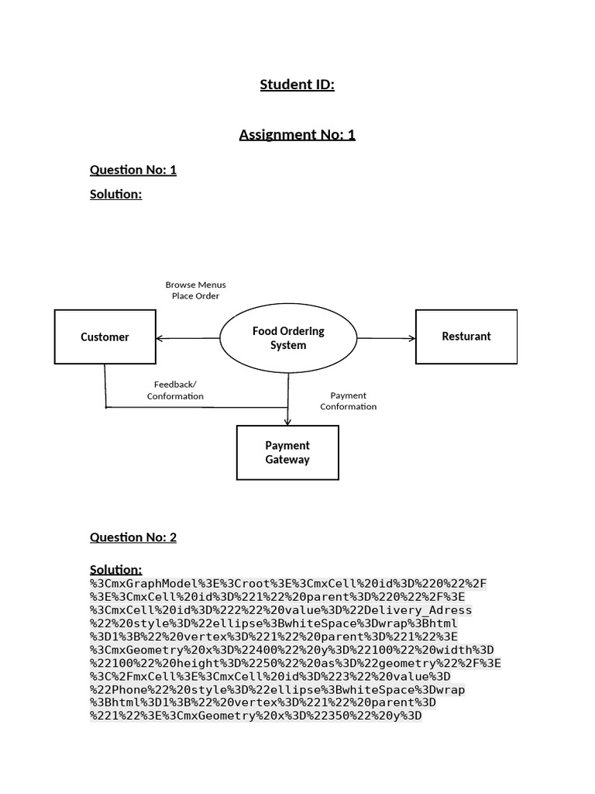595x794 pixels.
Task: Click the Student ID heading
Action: (x=297, y=85)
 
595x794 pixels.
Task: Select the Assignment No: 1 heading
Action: (x=297, y=135)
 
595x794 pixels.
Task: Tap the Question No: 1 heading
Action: (x=133, y=170)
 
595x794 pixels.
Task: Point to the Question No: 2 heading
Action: (x=133, y=537)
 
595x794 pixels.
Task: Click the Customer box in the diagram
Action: (x=105, y=337)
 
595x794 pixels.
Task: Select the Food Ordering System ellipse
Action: (x=288, y=338)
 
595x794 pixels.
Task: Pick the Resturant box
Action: (x=466, y=337)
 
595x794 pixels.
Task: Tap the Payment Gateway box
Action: (x=287, y=452)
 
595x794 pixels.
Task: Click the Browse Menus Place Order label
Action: (x=196, y=290)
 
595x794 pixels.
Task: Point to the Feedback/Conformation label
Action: (x=175, y=390)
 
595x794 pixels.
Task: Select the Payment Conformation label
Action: (x=349, y=401)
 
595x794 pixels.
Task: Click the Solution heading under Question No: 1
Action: (x=116, y=194)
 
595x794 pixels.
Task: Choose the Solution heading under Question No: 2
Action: (x=116, y=570)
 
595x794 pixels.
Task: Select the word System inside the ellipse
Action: (x=288, y=346)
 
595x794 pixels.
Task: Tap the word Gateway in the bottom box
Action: (x=287, y=460)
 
